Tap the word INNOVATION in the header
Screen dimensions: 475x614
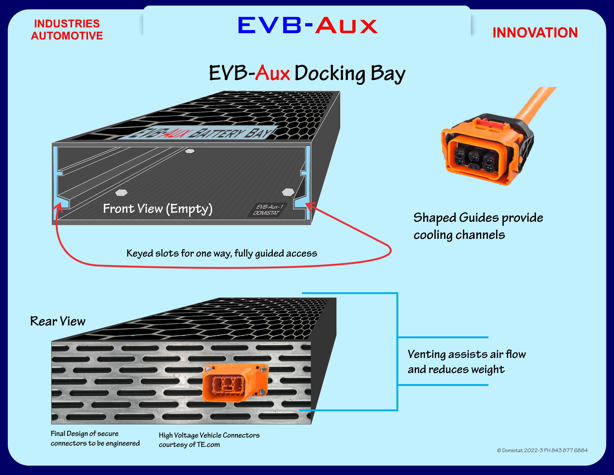pyautogui.click(x=535, y=33)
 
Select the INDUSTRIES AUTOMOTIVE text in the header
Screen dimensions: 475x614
pyautogui.click(x=67, y=30)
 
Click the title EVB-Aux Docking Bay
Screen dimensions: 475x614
pyautogui.click(x=307, y=73)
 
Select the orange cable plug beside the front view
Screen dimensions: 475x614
pyautogui.click(x=486, y=149)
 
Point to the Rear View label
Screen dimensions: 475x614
pyautogui.click(x=58, y=321)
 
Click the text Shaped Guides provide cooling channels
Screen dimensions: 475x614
pyautogui.click(x=478, y=226)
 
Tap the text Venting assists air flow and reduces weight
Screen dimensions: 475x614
pyautogui.click(x=467, y=362)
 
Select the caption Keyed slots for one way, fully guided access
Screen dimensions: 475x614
pyautogui.click(x=222, y=253)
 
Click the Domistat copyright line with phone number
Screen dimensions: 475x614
pyautogui.click(x=542, y=450)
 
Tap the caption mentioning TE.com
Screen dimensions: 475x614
pyautogui.click(x=209, y=440)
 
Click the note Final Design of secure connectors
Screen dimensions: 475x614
pyautogui.click(x=95, y=438)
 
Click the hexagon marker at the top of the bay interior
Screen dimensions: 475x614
pyautogui.click(x=190, y=151)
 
